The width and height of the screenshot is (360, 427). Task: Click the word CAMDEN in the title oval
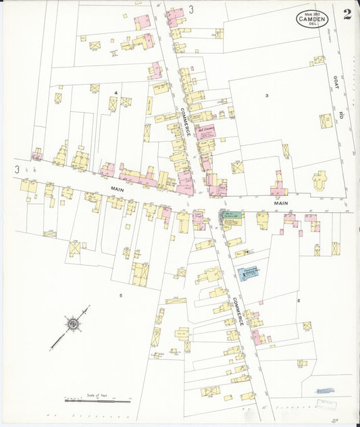point(313,20)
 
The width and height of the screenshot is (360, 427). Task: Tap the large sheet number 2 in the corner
point(346,15)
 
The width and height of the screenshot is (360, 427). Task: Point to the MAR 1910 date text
point(312,14)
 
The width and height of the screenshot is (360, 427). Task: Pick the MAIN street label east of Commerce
point(282,202)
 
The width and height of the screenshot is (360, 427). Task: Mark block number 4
point(116,92)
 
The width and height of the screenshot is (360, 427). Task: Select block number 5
point(121,295)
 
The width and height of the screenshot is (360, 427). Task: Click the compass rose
point(72,324)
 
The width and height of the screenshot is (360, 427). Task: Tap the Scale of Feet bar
point(97,400)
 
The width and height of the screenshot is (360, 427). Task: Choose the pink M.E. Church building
point(205,131)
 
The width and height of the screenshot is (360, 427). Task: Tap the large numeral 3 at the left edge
point(16,169)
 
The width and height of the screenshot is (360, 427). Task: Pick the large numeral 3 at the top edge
point(191,9)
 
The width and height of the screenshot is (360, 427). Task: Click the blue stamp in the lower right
point(325,391)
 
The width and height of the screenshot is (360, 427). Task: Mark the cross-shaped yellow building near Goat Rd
point(319,180)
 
